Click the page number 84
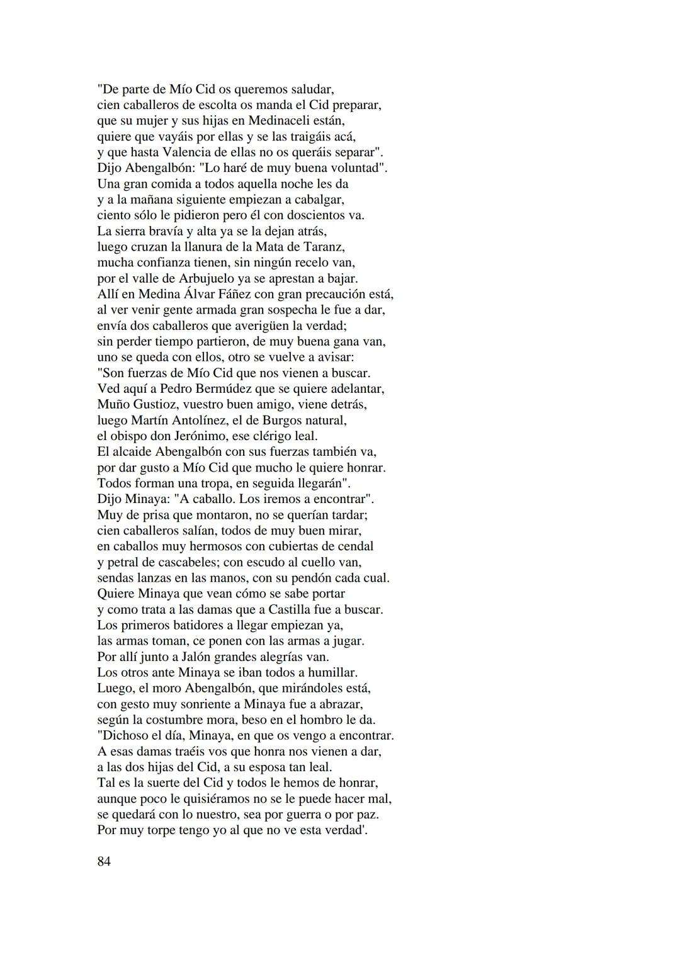point(104,861)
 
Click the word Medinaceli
point(281,120)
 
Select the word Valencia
point(191,152)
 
